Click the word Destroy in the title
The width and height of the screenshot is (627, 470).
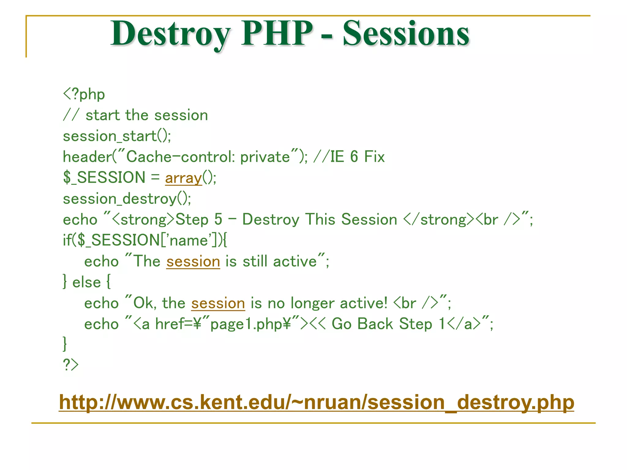(170, 34)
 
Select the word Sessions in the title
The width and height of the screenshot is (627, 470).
(406, 34)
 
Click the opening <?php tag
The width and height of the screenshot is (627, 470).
(84, 94)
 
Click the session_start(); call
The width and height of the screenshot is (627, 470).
(117, 136)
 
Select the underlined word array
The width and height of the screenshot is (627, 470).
(183, 178)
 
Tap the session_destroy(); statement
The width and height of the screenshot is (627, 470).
(127, 199)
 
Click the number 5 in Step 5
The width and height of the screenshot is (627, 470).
(218, 219)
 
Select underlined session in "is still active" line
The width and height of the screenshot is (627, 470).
(193, 262)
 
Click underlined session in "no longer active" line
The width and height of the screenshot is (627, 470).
(218, 303)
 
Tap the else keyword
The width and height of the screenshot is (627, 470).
(86, 282)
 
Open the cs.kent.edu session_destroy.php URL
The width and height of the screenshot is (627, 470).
(316, 402)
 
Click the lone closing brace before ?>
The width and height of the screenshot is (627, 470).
(65, 344)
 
